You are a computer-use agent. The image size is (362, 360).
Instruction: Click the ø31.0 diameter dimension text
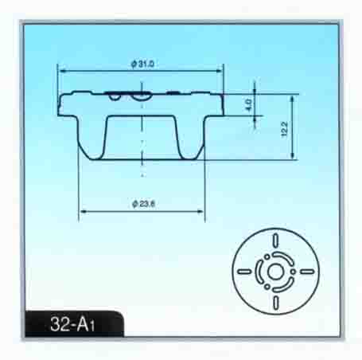[142, 65]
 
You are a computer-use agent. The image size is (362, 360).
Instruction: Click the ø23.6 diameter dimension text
[143, 204]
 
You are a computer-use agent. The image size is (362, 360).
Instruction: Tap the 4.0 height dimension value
[248, 105]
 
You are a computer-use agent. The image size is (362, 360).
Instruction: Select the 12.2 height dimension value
[284, 129]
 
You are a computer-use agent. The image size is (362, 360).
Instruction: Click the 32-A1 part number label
[72, 324]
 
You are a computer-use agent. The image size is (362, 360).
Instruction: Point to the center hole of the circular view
[275, 272]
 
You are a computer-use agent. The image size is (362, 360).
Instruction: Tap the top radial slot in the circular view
[276, 240]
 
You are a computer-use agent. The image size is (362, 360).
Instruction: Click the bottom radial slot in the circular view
[276, 303]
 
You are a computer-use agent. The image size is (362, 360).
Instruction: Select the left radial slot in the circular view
[244, 272]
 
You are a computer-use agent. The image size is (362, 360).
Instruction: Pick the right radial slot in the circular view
[307, 272]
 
